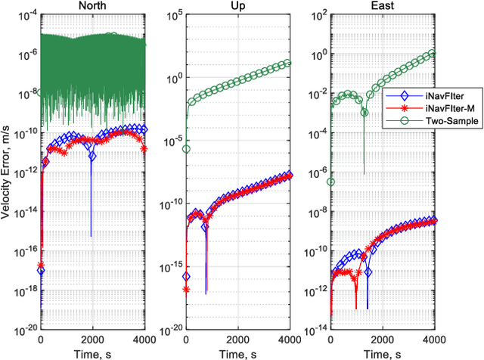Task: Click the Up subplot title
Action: click(x=237, y=7)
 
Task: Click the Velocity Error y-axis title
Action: click(x=7, y=173)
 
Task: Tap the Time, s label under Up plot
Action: click(x=237, y=352)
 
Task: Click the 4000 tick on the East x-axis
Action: click(x=433, y=339)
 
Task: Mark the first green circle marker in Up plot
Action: click(x=186, y=149)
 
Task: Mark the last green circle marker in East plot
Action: click(x=433, y=54)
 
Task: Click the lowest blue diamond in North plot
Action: click(x=41, y=270)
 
